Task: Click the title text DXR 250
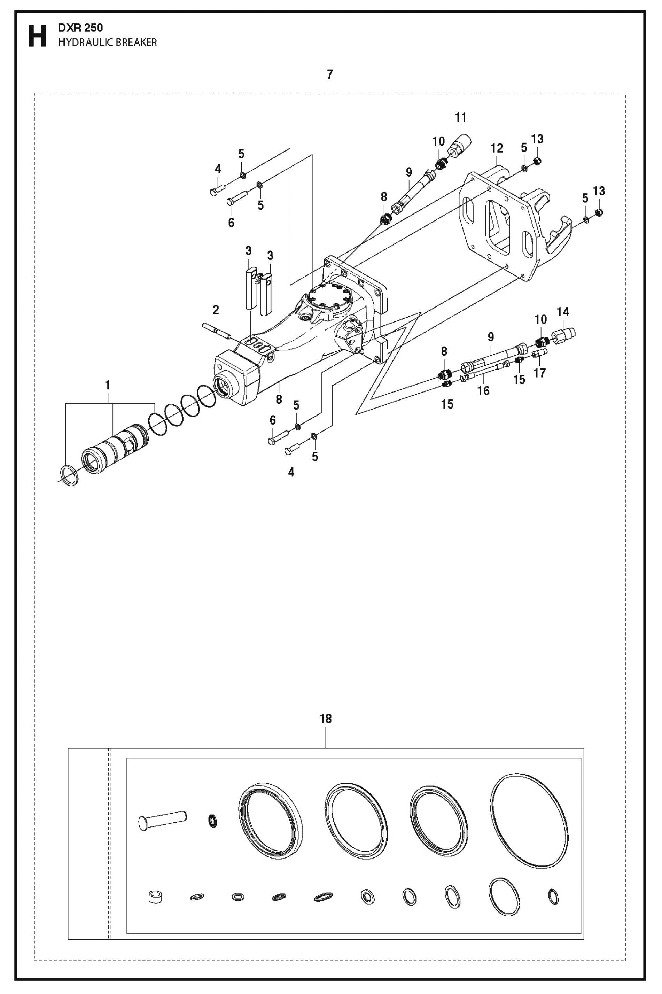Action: [80, 28]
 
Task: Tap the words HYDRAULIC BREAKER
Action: [108, 42]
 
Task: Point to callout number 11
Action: [461, 117]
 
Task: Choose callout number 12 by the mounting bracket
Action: [497, 148]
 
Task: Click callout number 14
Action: [563, 312]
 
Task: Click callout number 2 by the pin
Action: [216, 310]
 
